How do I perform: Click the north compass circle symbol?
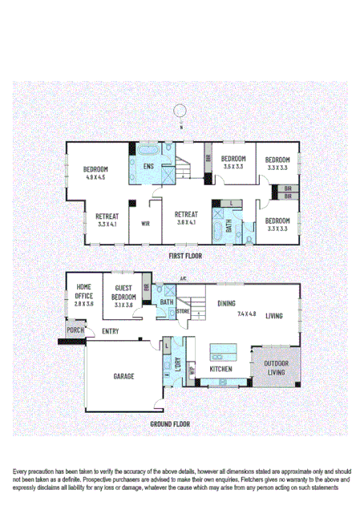click(181, 111)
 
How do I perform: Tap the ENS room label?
click(148, 166)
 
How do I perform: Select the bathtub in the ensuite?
click(148, 150)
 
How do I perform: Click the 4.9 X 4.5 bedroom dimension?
click(95, 176)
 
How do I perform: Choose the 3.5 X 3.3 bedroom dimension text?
click(233, 167)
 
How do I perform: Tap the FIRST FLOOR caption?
click(185, 256)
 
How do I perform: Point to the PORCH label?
click(75, 330)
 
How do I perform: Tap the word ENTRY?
click(111, 330)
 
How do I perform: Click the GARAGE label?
click(123, 375)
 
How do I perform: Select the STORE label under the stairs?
click(183, 311)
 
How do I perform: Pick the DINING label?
click(227, 303)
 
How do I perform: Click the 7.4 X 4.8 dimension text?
click(246, 314)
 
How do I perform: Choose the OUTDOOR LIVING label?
click(277, 366)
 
